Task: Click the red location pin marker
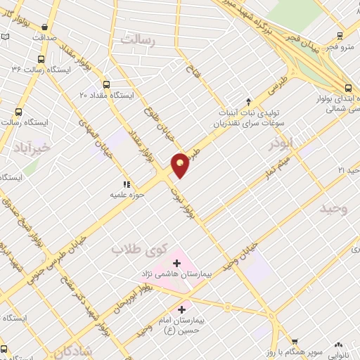point(180,165)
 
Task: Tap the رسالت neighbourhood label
point(137,39)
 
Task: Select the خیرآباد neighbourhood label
point(32,147)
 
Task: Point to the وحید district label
point(334,209)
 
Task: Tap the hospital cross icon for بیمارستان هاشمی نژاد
point(176,263)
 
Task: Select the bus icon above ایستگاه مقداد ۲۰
point(106,84)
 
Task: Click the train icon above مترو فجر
point(340,36)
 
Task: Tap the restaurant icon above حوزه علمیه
point(127,184)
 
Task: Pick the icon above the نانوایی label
point(339,345)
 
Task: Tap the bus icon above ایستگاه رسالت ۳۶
point(43,59)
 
